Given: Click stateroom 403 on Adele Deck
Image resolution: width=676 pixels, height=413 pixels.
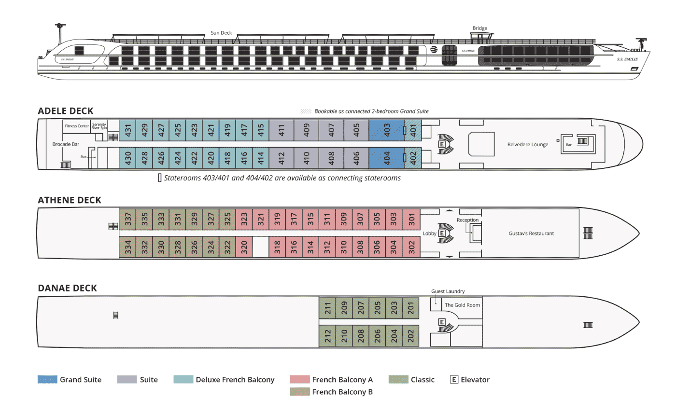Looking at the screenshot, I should [386, 131].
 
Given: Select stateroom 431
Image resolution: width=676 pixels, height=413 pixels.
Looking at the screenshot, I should [128, 131].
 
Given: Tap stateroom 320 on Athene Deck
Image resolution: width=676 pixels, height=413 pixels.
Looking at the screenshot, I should [244, 247].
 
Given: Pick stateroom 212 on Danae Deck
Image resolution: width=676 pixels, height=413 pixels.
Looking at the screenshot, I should [327, 335].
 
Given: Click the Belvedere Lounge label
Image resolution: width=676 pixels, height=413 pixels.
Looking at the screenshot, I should [527, 144].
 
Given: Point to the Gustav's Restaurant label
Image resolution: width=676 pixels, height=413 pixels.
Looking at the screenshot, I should [531, 234].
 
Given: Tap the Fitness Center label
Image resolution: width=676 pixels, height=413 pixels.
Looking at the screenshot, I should [77, 126].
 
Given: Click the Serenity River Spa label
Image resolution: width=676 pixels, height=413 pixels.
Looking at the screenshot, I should [99, 126].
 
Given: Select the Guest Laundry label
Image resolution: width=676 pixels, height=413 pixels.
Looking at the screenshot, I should [448, 291].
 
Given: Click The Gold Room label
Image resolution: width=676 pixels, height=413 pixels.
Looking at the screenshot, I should [462, 305].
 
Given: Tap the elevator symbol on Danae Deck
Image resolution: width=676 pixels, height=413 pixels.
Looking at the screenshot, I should [441, 322].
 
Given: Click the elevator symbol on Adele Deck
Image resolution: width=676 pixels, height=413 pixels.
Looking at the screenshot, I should [441, 144].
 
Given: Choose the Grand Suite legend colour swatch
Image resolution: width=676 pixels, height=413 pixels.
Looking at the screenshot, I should [47, 380].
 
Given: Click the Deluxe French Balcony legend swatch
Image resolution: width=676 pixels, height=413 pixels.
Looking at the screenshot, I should [183, 380].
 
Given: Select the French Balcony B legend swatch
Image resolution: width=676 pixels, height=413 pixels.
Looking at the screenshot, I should [300, 392].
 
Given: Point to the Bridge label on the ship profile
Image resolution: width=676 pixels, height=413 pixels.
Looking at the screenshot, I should [480, 28].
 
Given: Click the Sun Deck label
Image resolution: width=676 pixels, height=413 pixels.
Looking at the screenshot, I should [221, 33].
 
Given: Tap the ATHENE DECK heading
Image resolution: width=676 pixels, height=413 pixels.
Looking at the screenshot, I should [70, 200].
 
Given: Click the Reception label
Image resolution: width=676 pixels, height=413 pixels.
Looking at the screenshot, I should [467, 220].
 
